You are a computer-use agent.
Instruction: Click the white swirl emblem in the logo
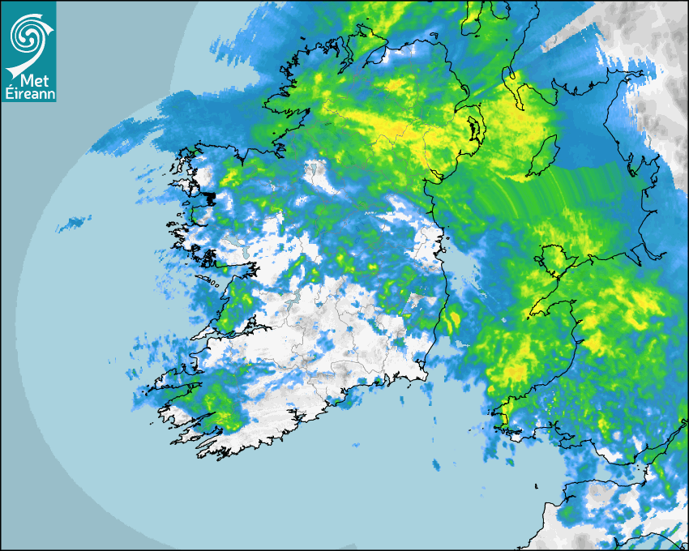28,34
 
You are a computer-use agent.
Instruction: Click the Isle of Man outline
545,156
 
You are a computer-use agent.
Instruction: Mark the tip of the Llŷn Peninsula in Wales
531,313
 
